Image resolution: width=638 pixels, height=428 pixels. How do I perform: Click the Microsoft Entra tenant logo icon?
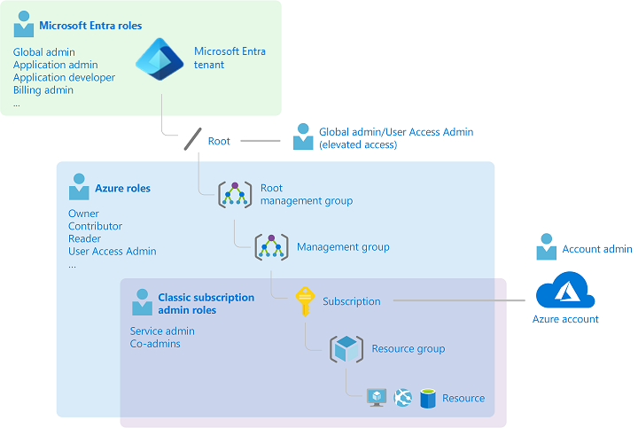pyautogui.click(x=159, y=58)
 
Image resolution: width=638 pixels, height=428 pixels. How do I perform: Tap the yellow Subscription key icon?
pyautogui.click(x=305, y=300)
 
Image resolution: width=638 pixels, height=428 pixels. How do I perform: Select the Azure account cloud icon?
pyautogui.click(x=565, y=291)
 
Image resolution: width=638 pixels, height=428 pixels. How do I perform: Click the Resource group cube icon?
pyautogui.click(x=346, y=348)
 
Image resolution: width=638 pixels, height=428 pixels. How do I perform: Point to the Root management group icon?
pyautogui.click(x=235, y=194)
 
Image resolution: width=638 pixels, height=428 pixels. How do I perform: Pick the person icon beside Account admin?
pyautogui.click(x=546, y=249)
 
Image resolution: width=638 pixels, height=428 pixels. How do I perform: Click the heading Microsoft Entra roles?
pyautogui.click(x=89, y=27)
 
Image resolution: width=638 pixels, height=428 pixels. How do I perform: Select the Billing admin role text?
pyautogui.click(x=43, y=89)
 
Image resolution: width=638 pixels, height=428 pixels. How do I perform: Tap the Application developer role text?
pyautogui.click(x=64, y=77)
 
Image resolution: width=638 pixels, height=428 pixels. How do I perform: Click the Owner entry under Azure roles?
pyautogui.click(x=83, y=214)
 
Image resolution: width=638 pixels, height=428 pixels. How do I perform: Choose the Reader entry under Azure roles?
pyautogui.click(x=84, y=238)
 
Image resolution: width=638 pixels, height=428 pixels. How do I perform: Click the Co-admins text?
pyautogui.click(x=155, y=344)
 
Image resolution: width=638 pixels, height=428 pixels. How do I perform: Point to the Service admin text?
pyautogui.click(x=162, y=331)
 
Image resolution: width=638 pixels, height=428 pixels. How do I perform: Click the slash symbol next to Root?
pyautogui.click(x=192, y=140)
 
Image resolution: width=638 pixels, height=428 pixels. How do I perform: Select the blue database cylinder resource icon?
pyautogui.click(x=428, y=398)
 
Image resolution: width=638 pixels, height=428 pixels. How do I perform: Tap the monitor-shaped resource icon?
pyautogui.click(x=377, y=398)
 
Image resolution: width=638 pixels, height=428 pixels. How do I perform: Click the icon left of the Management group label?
pyautogui.click(x=271, y=247)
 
